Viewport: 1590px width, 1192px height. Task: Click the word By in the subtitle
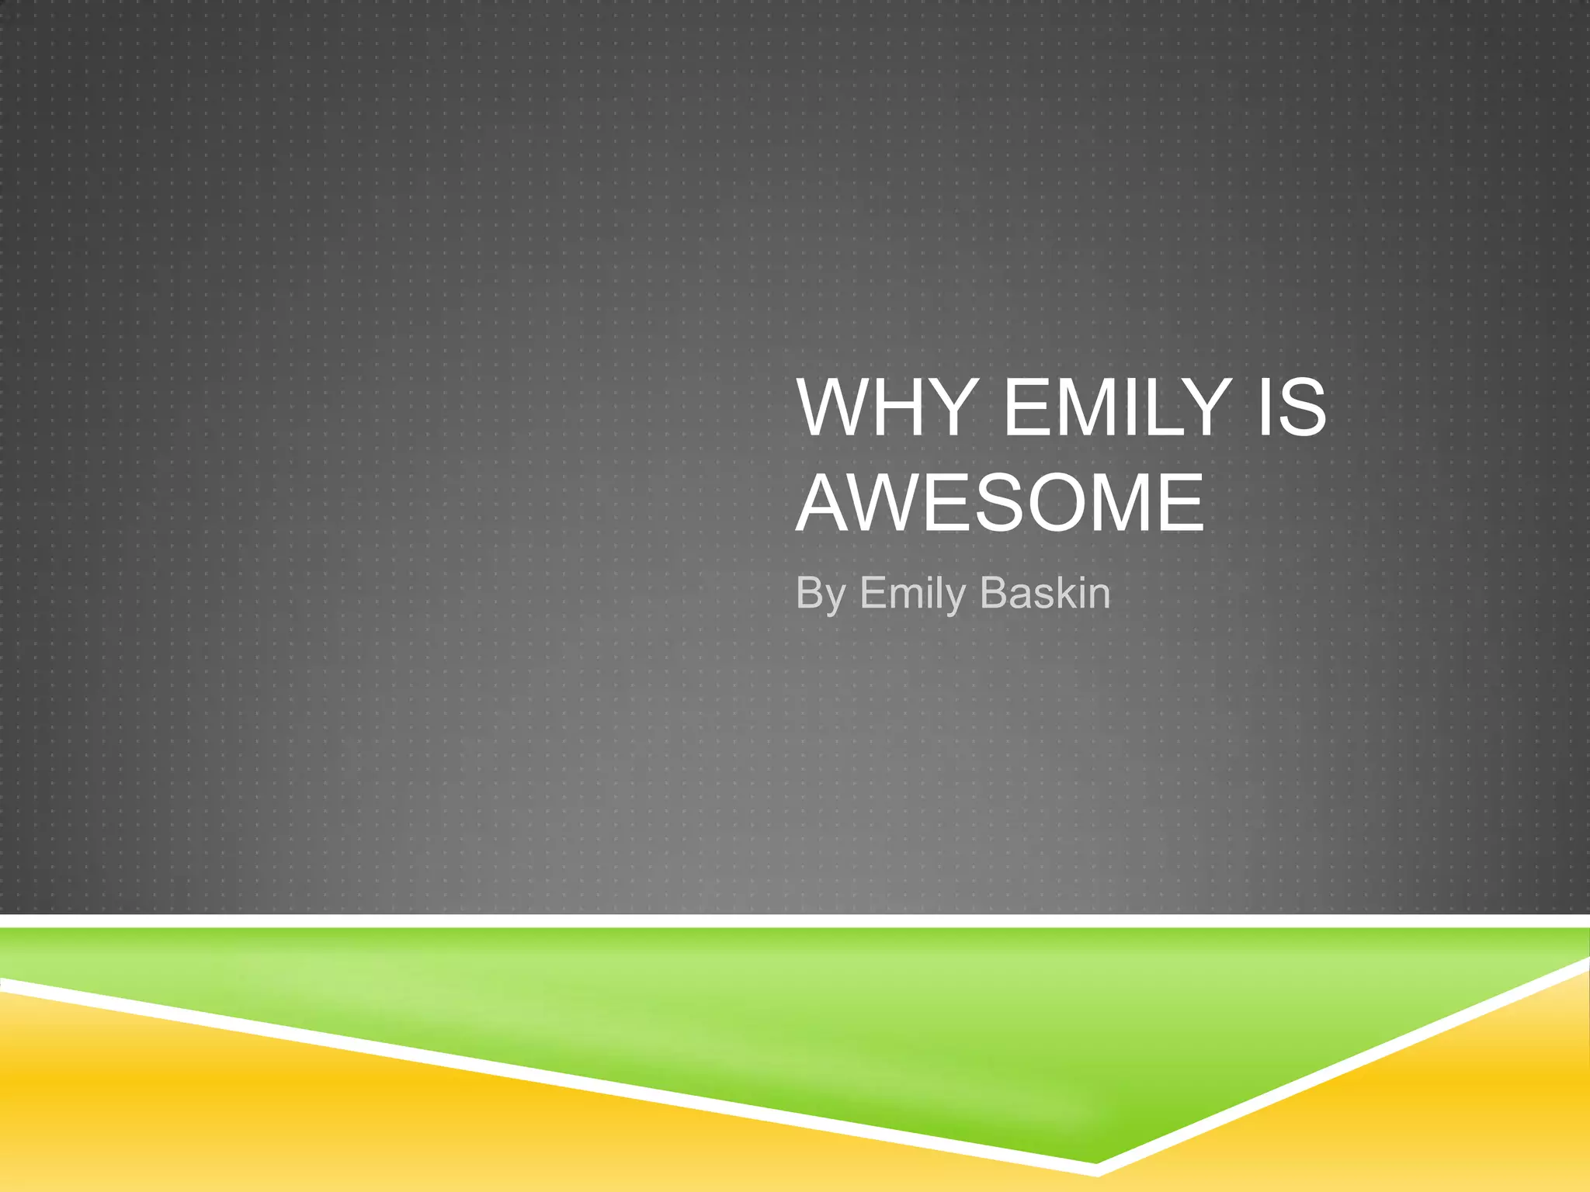(820, 594)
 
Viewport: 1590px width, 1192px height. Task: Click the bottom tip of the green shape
(1095, 1159)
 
